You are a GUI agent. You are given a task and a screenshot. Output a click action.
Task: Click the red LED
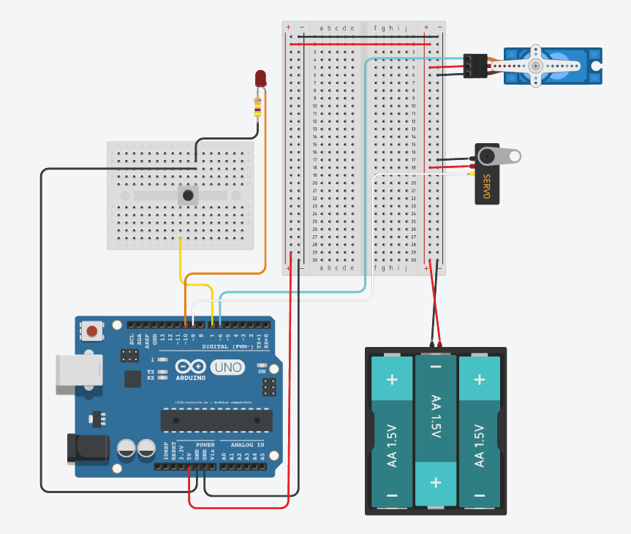click(260, 78)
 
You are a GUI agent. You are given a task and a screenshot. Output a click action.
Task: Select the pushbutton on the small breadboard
click(189, 196)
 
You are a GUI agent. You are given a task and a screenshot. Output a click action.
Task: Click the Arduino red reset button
click(92, 331)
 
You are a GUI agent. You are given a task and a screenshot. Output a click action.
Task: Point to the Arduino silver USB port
click(74, 370)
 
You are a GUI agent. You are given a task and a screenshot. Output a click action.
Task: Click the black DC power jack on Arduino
click(86, 449)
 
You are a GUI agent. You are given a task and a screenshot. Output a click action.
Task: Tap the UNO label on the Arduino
click(227, 367)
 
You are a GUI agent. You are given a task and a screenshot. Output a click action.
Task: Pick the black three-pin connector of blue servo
click(475, 66)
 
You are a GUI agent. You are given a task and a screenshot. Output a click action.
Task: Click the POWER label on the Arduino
click(205, 444)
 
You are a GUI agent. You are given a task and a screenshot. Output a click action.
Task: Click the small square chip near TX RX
click(132, 378)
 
